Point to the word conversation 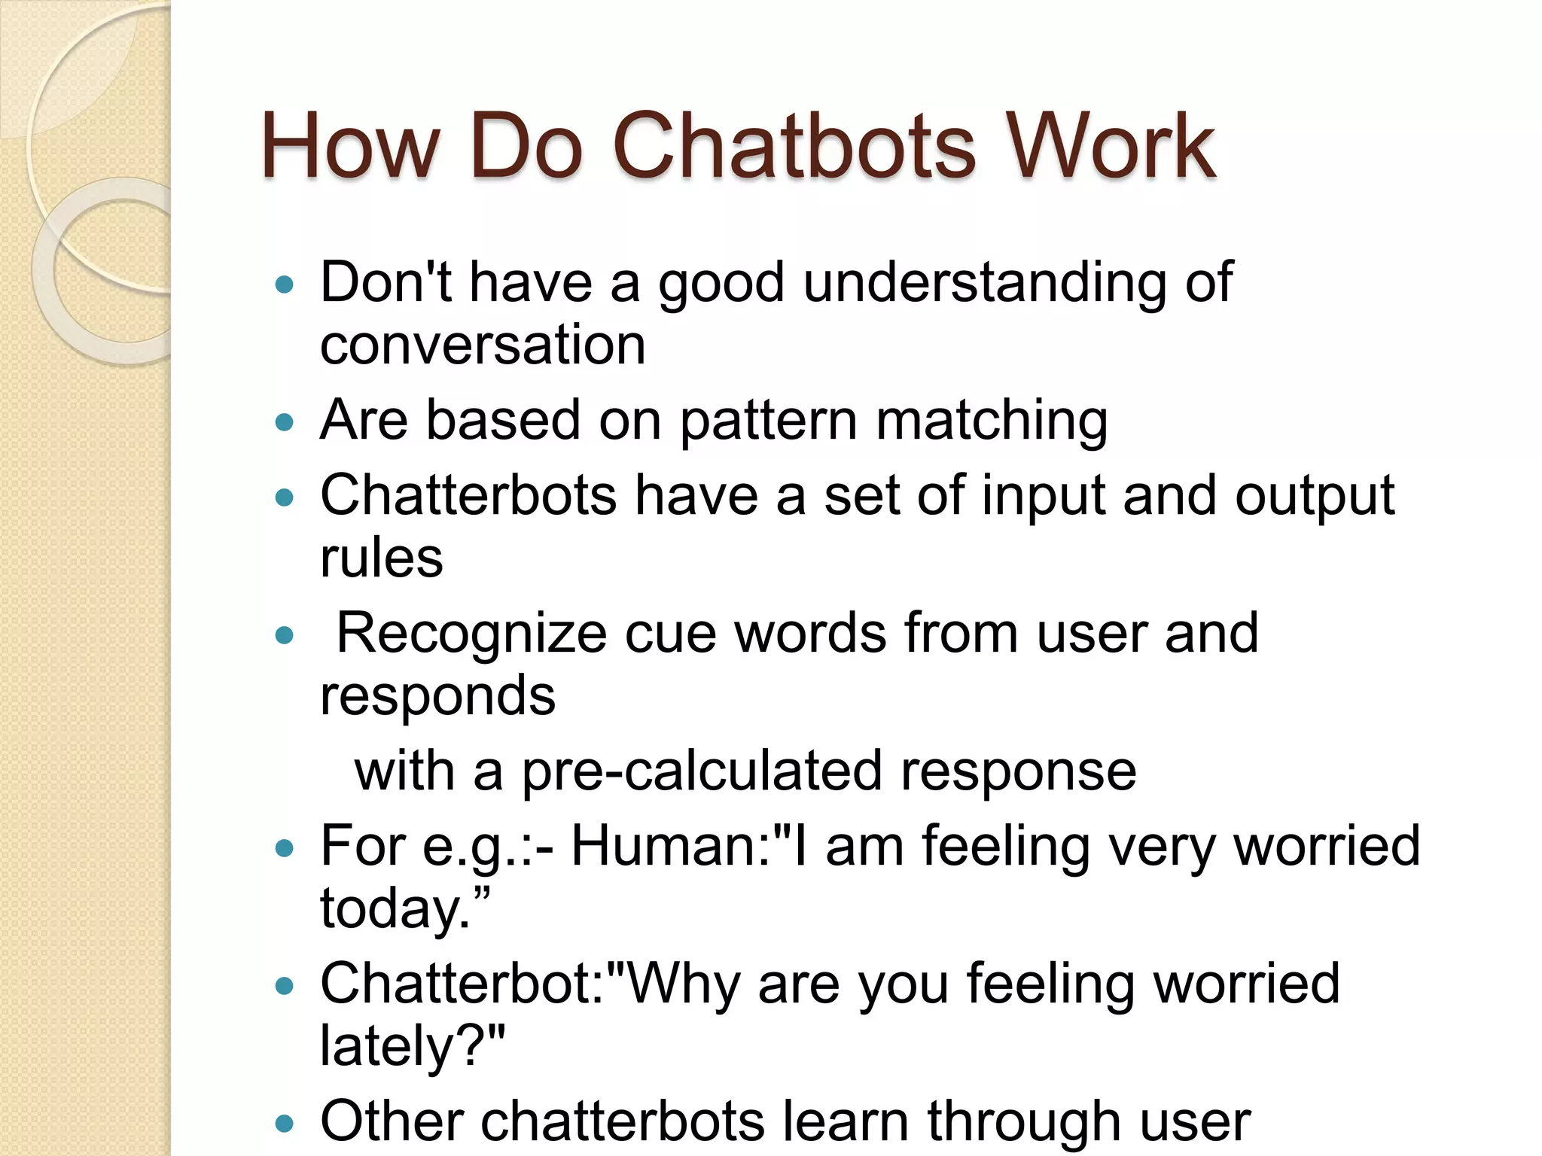coord(483,345)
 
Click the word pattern coord(769,421)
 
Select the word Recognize coord(471,634)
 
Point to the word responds coord(437,696)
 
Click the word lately coord(399,1047)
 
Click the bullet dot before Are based coord(284,422)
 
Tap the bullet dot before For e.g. coord(284,849)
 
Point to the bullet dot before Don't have coord(284,285)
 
